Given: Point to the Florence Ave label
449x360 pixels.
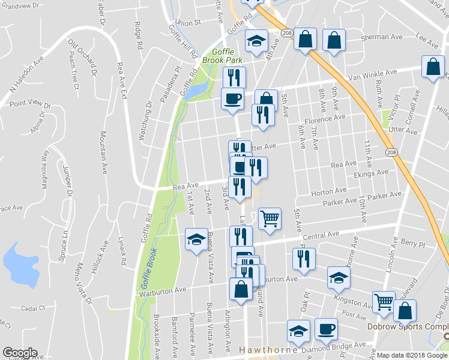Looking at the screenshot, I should pos(325,119).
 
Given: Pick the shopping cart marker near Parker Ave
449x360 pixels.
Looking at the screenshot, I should pos(270,218).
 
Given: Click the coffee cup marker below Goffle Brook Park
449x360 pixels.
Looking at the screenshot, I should pos(232,98).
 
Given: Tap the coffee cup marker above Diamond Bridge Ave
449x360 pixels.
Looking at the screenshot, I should pos(326,329).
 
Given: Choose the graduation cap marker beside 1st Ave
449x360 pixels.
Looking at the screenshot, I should pos(196,240).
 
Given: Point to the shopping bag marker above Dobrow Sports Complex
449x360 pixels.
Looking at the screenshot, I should pos(405,311).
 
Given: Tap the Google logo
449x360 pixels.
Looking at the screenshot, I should pos(20,353).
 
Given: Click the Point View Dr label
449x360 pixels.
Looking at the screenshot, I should pos(30,103).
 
